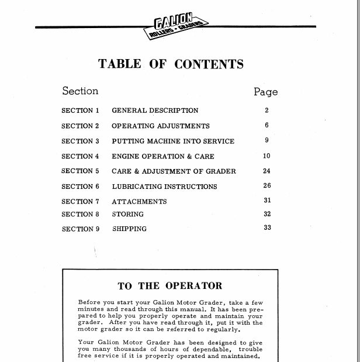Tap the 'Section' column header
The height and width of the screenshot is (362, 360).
point(80,91)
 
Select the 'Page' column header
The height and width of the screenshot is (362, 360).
point(265,92)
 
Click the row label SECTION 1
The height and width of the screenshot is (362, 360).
point(81,110)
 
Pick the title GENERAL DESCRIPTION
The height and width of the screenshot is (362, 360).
point(155,110)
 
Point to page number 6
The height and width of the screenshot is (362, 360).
point(266,125)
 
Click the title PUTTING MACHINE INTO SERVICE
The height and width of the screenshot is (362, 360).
point(173,141)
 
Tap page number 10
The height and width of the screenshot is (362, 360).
point(266,156)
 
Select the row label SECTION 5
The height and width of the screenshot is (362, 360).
point(81,171)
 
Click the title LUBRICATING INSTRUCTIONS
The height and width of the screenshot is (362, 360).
point(164,187)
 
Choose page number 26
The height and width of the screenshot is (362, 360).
point(267,186)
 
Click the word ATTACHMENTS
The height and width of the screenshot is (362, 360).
point(139,202)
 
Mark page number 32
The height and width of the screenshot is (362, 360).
point(267,214)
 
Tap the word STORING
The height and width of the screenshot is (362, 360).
point(127,215)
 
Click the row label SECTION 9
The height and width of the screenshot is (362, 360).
point(81,229)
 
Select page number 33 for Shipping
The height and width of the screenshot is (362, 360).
point(267,227)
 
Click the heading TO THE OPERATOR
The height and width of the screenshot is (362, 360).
point(170,286)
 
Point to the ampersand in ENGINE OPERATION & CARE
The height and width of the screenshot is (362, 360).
point(190,156)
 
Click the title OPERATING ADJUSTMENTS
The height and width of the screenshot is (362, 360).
point(160,126)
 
